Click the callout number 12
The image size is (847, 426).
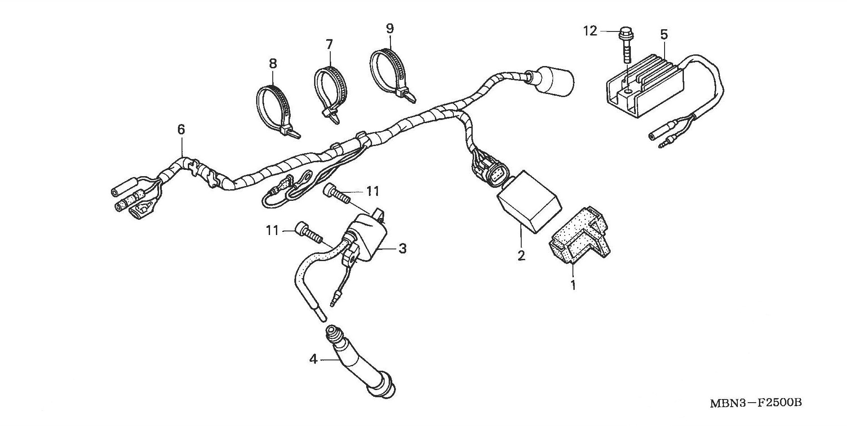click(x=590, y=31)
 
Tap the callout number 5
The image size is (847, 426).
click(x=664, y=34)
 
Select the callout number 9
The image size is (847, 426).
click(x=390, y=29)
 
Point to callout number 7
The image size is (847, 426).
click(x=329, y=44)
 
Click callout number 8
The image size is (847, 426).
click(x=273, y=64)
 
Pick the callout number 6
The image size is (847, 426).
click(x=181, y=130)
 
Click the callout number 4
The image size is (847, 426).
click(x=313, y=359)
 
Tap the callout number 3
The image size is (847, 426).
click(x=402, y=248)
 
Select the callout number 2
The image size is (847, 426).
click(x=521, y=256)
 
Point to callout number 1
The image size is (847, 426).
click(x=573, y=285)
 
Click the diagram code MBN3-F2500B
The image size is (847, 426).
click(x=755, y=402)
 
